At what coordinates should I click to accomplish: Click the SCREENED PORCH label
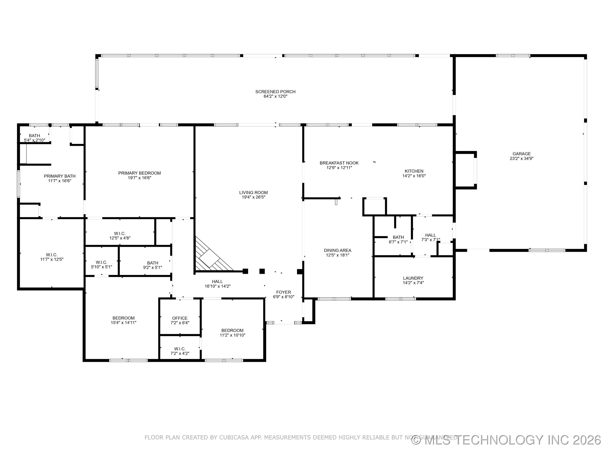(275, 92)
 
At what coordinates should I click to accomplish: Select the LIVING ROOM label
(253, 193)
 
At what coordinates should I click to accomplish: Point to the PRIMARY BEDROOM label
(139, 173)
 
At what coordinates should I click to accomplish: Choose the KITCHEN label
(414, 171)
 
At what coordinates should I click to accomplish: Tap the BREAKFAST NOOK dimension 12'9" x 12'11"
(339, 168)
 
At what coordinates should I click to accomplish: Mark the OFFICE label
(180, 318)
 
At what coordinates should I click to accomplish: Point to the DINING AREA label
(337, 250)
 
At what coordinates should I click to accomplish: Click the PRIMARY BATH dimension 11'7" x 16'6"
(60, 181)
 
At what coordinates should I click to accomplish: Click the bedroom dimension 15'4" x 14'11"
(123, 323)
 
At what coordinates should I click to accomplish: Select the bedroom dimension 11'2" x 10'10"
(232, 335)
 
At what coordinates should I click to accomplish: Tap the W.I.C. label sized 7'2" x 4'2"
(180, 349)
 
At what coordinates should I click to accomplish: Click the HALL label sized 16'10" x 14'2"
(217, 281)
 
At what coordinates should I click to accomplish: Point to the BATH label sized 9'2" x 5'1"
(152, 263)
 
